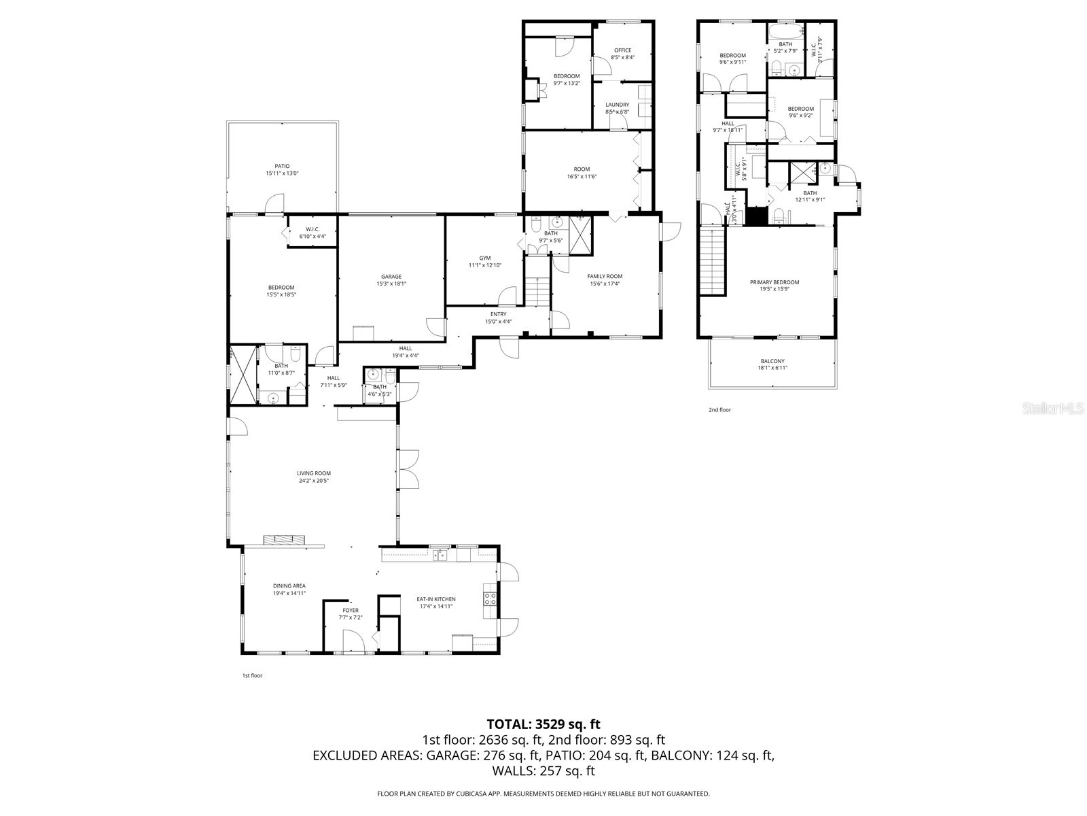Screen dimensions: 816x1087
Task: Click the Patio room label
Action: point(282,166)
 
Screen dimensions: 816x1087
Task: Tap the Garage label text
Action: point(391,277)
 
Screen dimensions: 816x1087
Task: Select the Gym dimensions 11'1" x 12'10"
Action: point(484,265)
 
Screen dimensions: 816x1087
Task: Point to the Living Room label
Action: point(314,473)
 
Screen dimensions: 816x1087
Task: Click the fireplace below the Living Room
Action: point(285,540)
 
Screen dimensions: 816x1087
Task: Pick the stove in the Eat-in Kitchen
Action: point(490,599)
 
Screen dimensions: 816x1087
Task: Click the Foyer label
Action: point(351,611)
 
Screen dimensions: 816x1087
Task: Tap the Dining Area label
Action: point(289,585)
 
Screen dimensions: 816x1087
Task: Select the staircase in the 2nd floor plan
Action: point(712,261)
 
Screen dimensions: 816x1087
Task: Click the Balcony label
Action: point(772,361)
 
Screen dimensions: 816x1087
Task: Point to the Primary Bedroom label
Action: point(774,282)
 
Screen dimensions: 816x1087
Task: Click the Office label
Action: point(622,50)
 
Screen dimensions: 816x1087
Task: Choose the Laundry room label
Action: point(617,105)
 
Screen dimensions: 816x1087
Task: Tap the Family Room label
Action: point(605,276)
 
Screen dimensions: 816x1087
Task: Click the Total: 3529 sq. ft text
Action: point(543,724)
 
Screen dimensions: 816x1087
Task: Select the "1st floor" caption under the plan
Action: point(252,675)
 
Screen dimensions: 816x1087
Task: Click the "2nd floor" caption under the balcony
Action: point(719,410)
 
